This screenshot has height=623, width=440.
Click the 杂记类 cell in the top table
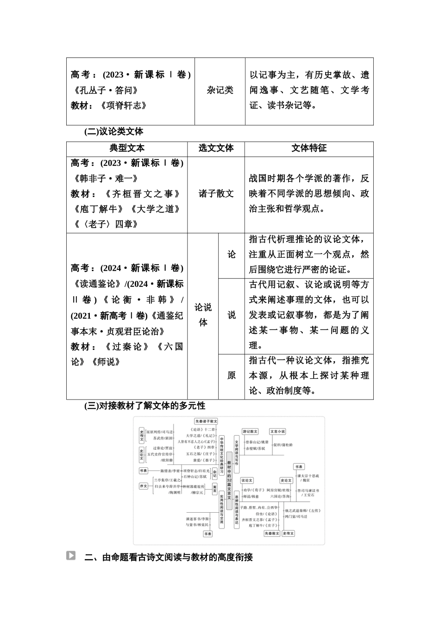tap(220, 90)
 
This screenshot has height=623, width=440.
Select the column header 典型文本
tap(126, 148)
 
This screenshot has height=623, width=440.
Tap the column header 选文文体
tap(216, 148)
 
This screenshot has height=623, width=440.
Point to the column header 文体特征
tap(309, 148)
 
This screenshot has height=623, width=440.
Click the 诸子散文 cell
tap(216, 194)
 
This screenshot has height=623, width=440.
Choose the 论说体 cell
tap(203, 315)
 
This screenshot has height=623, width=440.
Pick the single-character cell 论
tap(231, 254)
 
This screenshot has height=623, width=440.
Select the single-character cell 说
tap(231, 315)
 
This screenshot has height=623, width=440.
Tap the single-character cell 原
tap(231, 375)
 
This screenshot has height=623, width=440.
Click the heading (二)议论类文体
tap(113, 132)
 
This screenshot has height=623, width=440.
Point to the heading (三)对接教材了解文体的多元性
tap(145, 406)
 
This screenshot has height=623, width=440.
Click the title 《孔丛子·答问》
tap(105, 90)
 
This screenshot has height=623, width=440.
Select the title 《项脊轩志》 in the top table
tap(122, 106)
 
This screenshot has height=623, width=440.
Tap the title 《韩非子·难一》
tap(105, 178)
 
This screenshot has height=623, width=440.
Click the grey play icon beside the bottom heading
tap(71, 555)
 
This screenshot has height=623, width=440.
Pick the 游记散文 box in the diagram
tap(250, 432)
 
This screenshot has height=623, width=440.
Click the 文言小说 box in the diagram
tap(277, 432)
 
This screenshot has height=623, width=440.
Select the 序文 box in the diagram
tap(144, 486)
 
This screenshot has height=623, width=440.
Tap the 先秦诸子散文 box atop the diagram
tap(206, 421)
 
